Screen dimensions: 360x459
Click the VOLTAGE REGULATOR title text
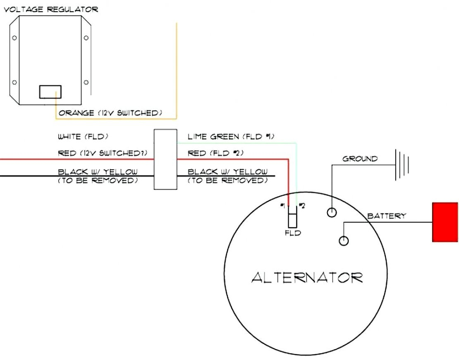[x=50, y=9]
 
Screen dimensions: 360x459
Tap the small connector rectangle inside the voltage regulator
[x=50, y=92]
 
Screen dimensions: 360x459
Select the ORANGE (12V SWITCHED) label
[x=110, y=113]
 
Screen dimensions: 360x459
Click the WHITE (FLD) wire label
[x=84, y=136]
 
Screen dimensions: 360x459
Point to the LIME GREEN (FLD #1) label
[x=231, y=137]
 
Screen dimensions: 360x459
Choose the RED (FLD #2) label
[x=215, y=153]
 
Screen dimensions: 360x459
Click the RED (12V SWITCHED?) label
[x=103, y=153]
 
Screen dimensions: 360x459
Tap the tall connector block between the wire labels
[x=165, y=159]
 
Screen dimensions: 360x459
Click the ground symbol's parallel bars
[x=403, y=165]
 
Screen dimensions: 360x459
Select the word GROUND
[x=360, y=158]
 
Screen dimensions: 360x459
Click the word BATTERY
[x=387, y=216]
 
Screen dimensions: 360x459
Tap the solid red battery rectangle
[x=445, y=222]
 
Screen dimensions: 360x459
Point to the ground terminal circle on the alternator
[x=332, y=213]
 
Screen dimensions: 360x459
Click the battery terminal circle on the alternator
[x=343, y=240]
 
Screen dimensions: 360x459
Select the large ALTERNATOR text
[x=307, y=277]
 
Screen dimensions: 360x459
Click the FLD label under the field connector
[x=293, y=233]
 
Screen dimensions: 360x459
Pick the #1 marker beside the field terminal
[x=283, y=206]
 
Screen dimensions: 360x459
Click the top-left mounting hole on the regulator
[x=15, y=38]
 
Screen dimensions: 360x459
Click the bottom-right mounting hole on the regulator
[x=86, y=82]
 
